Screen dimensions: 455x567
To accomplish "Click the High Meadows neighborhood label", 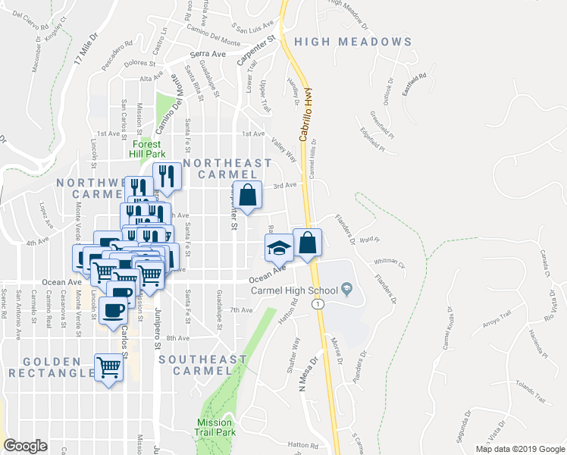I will (353, 42).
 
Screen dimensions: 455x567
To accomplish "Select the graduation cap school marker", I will (278, 246).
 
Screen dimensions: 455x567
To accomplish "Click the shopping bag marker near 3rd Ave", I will (247, 195).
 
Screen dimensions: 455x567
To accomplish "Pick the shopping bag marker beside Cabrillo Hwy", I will (307, 243).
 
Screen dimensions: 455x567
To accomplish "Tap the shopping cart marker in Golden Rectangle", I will (109, 368).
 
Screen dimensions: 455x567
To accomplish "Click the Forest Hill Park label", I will (152, 149).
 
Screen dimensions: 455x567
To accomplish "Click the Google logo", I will (25, 446).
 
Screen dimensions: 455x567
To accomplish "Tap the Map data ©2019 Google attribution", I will (519, 449).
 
